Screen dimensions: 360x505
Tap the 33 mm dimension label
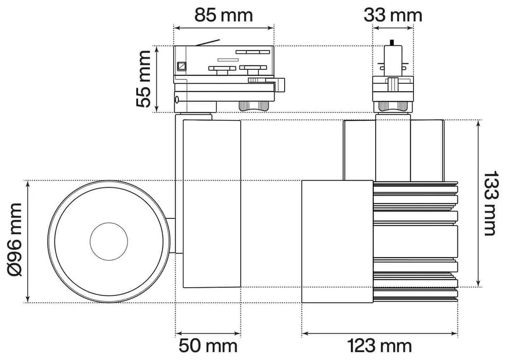393,15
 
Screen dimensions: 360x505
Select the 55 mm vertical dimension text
145,79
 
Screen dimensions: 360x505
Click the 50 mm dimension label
208,346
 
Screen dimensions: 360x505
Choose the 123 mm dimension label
379,346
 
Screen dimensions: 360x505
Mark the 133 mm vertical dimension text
491,203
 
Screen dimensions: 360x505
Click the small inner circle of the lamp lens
109,241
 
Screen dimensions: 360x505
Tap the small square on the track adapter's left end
182,65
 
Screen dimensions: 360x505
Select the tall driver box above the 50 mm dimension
211,203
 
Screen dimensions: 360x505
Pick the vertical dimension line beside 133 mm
478,203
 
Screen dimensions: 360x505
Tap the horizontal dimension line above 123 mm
379,332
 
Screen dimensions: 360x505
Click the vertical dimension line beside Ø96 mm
28,241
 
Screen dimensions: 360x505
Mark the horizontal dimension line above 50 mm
208,332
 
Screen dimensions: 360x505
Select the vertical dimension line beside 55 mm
156,79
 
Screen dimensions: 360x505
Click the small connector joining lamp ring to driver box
171,236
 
